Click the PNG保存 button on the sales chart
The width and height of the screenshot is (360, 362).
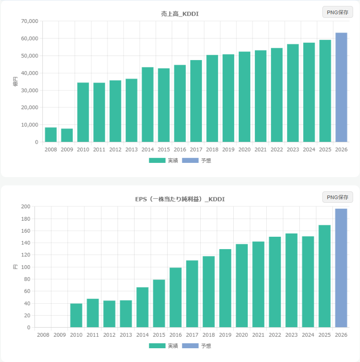(x=337, y=12)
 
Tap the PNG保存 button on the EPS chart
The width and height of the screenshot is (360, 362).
(x=337, y=197)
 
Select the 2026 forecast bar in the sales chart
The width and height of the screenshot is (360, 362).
(x=341, y=87)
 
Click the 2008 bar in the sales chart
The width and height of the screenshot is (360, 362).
(x=51, y=134)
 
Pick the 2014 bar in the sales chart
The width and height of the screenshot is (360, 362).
(x=147, y=105)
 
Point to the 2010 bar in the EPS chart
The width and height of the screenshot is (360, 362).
(x=76, y=315)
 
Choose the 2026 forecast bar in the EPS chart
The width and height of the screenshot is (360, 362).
(x=341, y=268)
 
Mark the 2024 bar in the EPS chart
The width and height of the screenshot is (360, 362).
(x=308, y=282)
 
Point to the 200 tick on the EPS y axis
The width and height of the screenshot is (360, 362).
(x=25, y=206)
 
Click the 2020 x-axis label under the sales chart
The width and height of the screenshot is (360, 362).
(x=244, y=150)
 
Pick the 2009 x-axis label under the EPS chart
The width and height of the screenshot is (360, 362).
(x=60, y=335)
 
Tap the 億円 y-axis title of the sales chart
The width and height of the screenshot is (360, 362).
(x=16, y=82)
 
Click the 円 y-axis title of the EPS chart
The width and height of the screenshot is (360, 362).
(x=16, y=267)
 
